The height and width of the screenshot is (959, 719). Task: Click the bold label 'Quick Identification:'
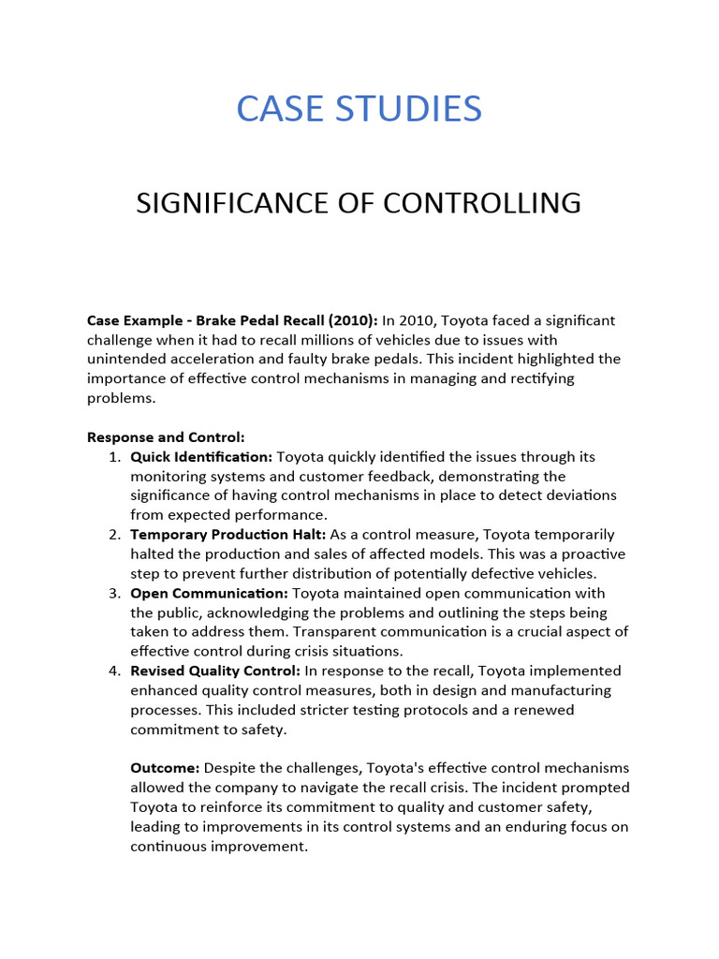[x=201, y=457]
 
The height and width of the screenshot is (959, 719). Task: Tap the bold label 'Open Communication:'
[x=210, y=593]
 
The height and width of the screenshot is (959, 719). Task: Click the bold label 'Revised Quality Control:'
[x=215, y=671]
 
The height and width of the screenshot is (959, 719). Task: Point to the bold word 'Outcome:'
[x=165, y=768]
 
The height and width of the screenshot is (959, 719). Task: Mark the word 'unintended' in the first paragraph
[x=126, y=360]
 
